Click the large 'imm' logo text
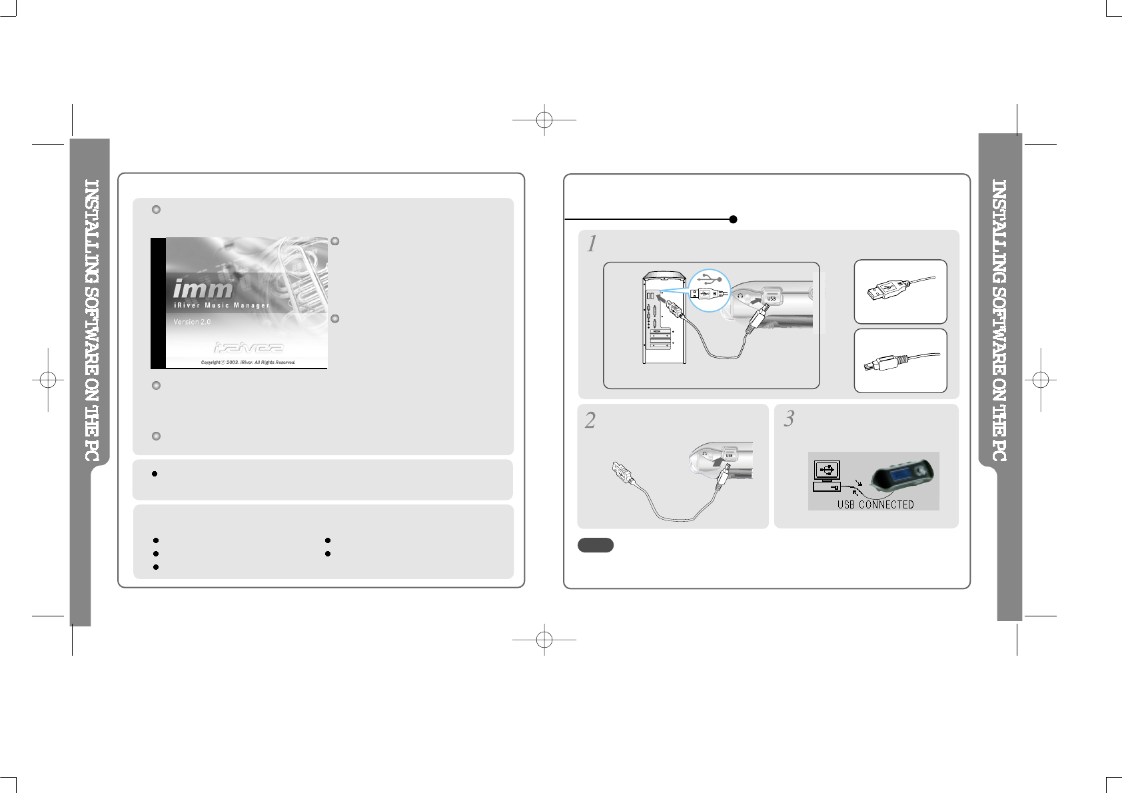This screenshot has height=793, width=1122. tap(203, 289)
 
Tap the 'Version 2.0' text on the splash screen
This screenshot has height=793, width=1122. tap(192, 322)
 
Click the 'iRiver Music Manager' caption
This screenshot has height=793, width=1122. tap(221, 306)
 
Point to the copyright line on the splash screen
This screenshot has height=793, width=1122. tap(248, 363)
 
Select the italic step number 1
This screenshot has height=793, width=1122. tap(591, 245)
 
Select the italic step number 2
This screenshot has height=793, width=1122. tap(590, 420)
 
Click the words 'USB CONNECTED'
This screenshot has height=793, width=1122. tap(875, 504)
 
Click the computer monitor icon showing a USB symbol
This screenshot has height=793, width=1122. tap(827, 470)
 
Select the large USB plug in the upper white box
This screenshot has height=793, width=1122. tap(883, 291)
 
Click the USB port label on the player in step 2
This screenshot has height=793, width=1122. tap(730, 456)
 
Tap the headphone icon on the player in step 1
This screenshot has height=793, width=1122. tap(740, 295)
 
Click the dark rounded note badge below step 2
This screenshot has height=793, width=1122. tap(595, 545)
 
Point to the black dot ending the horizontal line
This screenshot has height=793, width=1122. tap(733, 219)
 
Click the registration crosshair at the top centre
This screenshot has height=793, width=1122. tap(544, 120)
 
